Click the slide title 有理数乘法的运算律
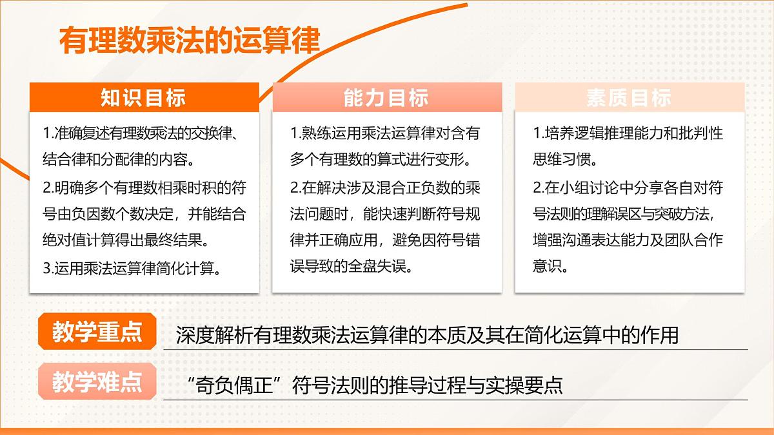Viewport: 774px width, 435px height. coord(190,40)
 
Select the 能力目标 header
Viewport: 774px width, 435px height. coord(386,97)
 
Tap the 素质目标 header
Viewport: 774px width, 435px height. coord(629,97)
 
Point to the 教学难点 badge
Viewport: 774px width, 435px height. coord(97,382)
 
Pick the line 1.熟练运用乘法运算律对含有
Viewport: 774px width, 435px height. coord(385,133)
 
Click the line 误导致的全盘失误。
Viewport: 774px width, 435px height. coord(351,267)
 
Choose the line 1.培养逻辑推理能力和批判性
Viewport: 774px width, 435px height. coord(628,133)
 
